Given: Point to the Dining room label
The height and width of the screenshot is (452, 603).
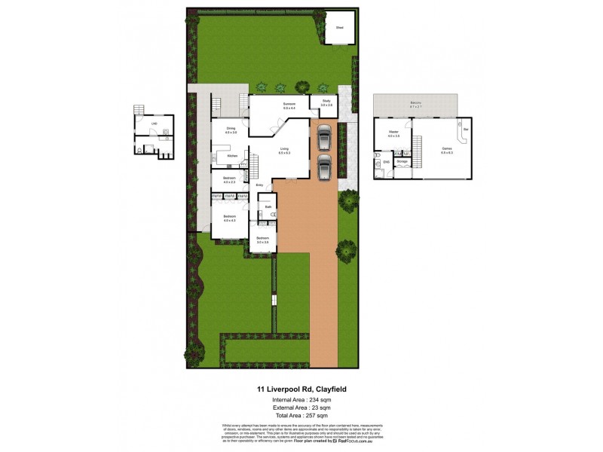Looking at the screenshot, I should [231, 130].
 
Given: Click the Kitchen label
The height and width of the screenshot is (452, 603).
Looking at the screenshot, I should [232, 156].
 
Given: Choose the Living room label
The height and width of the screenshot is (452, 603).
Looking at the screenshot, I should [284, 150].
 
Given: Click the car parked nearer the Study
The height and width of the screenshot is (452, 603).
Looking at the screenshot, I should [323, 139].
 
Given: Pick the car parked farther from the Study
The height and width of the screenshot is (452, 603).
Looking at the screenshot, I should [323, 166].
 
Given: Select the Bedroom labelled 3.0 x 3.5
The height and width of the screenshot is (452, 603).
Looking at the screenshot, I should [262, 240].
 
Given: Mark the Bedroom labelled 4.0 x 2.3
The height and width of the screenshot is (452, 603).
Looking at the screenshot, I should [229, 179].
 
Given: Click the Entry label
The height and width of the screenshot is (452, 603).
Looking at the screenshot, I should [259, 185].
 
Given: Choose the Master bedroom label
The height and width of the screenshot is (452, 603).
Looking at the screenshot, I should [393, 133].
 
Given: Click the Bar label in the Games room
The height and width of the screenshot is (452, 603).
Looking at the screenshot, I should [466, 130].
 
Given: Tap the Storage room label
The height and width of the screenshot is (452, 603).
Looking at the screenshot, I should [403, 160].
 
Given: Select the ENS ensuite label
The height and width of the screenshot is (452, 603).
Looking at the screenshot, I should [386, 161].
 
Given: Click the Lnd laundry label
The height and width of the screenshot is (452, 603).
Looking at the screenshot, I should [155, 123].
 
